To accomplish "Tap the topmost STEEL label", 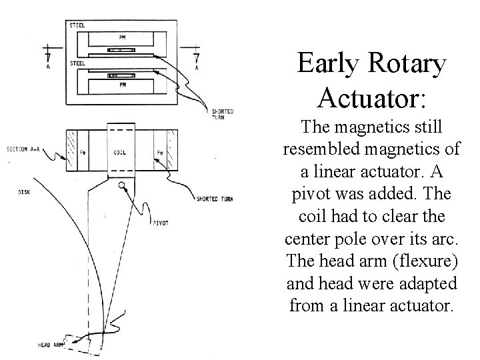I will pyautogui.click(x=77, y=25).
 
